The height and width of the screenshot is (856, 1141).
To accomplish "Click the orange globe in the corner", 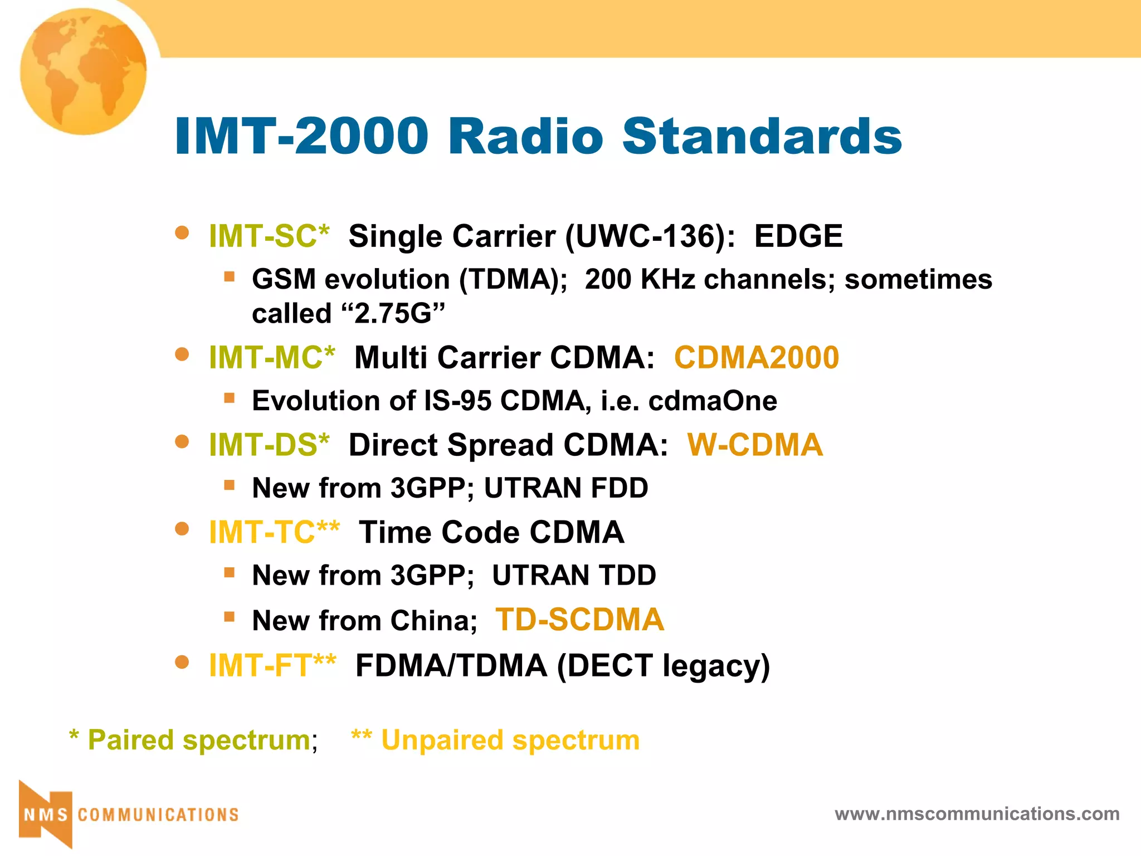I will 84,71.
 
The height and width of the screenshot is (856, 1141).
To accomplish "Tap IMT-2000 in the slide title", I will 301,136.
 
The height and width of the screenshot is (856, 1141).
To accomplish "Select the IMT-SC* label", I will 269,236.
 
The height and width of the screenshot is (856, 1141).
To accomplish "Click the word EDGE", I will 798,236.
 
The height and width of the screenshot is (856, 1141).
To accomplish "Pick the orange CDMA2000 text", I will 756,357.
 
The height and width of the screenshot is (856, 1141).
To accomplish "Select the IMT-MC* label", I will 272,357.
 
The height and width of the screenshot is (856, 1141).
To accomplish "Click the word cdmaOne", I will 713,401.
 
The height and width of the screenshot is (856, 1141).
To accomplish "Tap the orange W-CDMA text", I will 755,445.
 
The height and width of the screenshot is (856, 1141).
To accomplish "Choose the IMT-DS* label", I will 269,445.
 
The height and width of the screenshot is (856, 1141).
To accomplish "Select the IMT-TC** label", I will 274,532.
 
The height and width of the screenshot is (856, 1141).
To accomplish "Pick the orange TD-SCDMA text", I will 579,620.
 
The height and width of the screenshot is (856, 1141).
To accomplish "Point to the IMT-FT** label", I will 272,665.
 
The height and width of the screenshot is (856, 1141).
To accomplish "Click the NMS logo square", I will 46,815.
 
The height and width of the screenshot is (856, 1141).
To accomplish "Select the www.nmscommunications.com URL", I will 977,814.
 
